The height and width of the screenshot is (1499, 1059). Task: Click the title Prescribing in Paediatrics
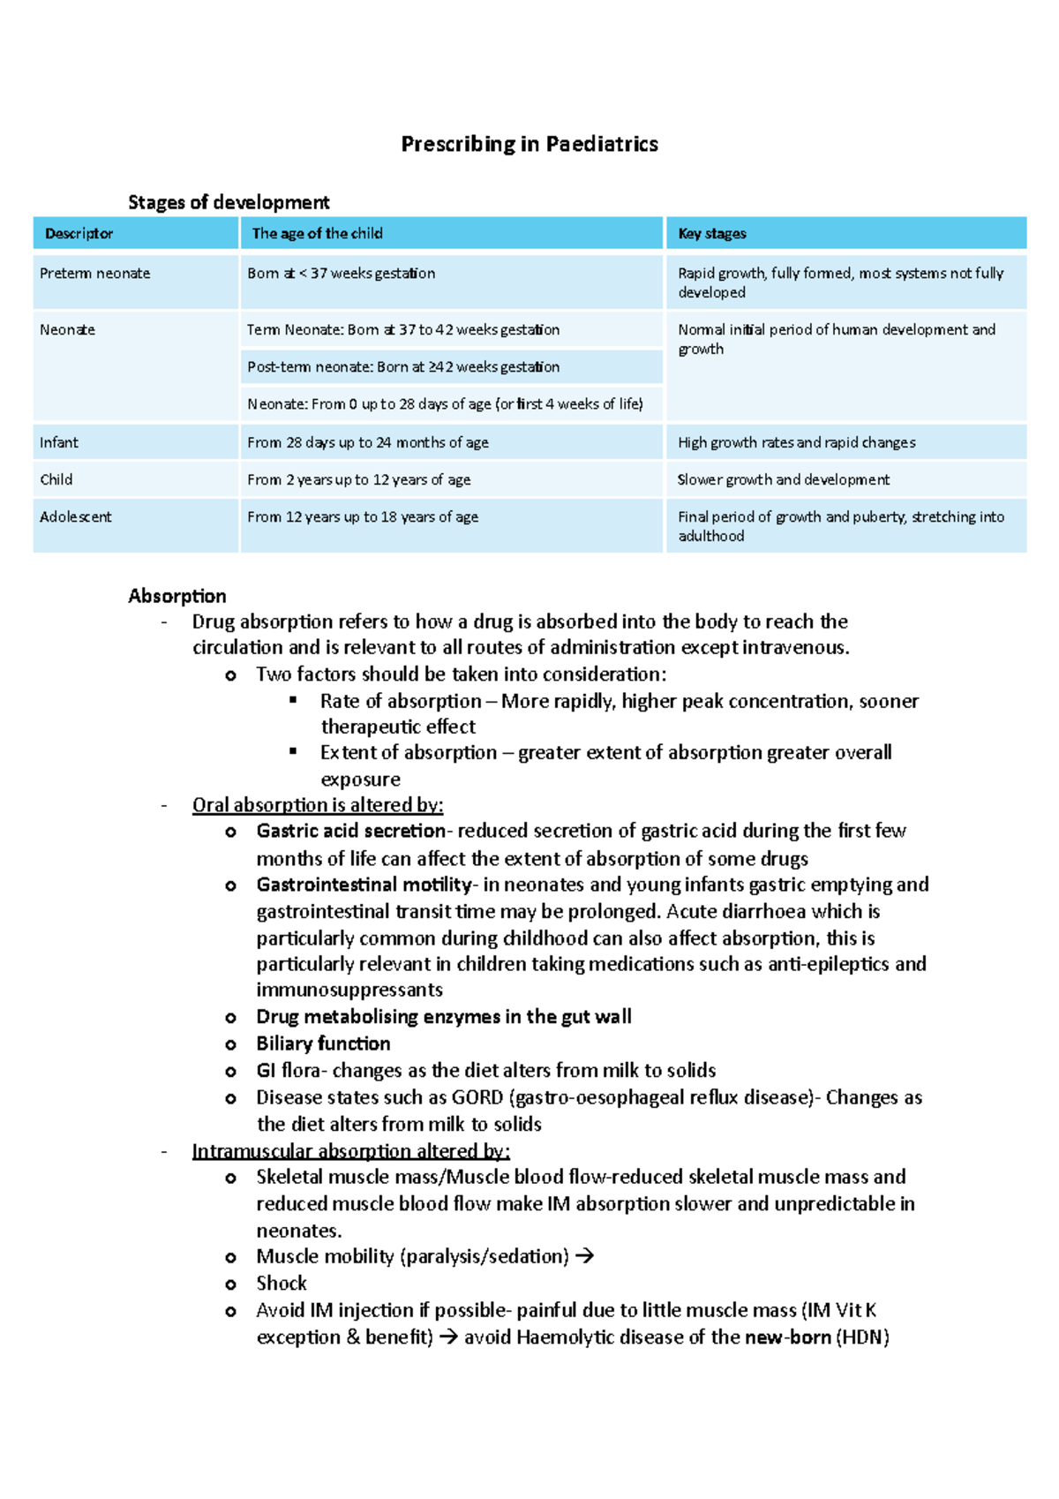(x=529, y=144)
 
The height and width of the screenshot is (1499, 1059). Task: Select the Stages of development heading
(x=229, y=202)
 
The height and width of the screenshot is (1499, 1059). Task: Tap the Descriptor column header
(x=79, y=234)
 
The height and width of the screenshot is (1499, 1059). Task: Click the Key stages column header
(x=712, y=234)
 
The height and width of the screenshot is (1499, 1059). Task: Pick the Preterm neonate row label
(x=94, y=274)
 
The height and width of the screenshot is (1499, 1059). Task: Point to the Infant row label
(x=59, y=442)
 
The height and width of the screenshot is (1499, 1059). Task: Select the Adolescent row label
(x=76, y=516)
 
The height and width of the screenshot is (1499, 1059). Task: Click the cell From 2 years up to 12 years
(x=358, y=479)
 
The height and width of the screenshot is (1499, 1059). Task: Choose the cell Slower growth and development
(x=784, y=479)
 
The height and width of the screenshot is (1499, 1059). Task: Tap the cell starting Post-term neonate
(x=403, y=366)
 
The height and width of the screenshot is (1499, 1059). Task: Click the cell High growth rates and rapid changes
(x=797, y=442)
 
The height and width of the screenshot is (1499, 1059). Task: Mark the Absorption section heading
(x=177, y=596)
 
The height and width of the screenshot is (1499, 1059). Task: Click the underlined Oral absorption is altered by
(x=318, y=805)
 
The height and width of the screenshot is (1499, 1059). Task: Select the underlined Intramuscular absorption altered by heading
(x=350, y=1151)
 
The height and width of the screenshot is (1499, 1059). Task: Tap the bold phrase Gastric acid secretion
(x=350, y=831)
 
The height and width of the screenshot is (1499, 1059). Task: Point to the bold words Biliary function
(x=323, y=1043)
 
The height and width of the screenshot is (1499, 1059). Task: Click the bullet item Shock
(x=282, y=1284)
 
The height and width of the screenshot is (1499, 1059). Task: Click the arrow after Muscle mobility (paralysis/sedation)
(x=584, y=1256)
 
